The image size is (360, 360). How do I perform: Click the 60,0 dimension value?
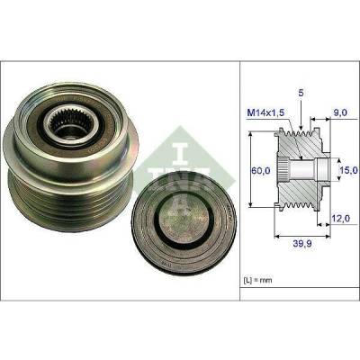click(260, 171)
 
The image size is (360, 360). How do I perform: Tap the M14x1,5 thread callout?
click(265, 113)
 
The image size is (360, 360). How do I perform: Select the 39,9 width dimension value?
click(301, 244)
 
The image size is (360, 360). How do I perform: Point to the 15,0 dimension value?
click(348, 170)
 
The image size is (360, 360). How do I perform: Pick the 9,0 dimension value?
click(340, 112)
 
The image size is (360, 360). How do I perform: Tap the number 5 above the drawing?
click(301, 94)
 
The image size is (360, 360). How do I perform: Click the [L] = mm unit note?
click(256, 280)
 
